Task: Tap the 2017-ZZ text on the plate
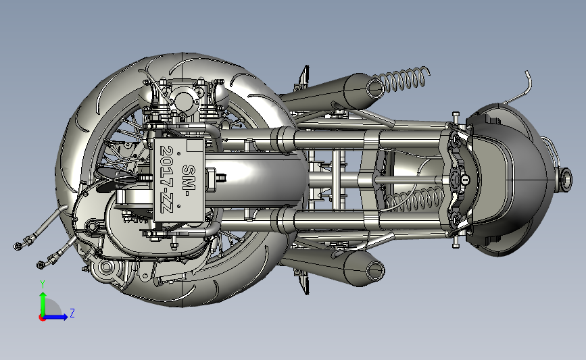[167, 179]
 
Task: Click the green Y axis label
[43, 284]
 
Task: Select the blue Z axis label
[72, 313]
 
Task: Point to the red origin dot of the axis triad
[42, 318]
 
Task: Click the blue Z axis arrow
[55, 317]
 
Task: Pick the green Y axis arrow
[43, 304]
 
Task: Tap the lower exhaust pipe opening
[376, 270]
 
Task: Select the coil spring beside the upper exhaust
[401, 80]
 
